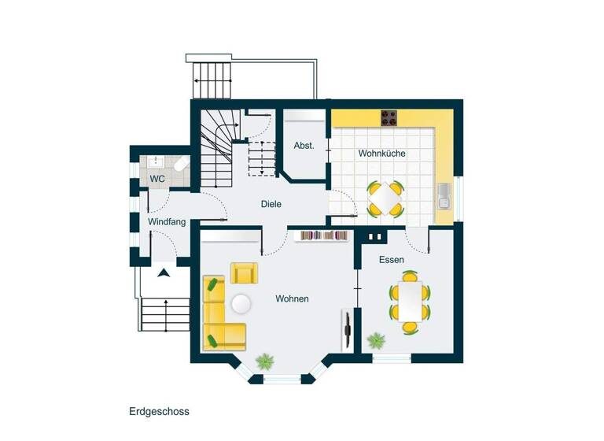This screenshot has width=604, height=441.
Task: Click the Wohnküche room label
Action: coord(381,154)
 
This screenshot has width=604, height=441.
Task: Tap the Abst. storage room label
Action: coord(304,146)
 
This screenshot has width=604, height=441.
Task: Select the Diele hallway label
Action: coord(271,204)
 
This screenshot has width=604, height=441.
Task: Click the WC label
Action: coord(157,179)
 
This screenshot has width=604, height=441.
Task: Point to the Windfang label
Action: coord(167,222)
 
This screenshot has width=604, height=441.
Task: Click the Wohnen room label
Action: coord(292,299)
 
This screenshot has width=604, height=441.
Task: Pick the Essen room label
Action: coord(391,259)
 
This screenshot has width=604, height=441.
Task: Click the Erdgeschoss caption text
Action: coord(159,411)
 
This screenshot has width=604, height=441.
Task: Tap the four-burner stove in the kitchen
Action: coord(389,118)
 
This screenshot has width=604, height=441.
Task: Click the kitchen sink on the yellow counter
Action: coord(444,195)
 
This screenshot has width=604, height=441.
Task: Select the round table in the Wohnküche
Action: coord(385,198)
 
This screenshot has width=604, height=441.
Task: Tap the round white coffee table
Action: coord(240,303)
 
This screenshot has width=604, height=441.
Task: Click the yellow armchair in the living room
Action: coord(244,273)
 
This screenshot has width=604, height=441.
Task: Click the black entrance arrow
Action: coord(164,272)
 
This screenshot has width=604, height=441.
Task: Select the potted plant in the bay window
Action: coord(265,361)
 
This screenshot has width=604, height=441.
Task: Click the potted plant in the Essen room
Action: coord(376,341)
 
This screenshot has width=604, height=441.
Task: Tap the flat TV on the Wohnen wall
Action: coord(346,330)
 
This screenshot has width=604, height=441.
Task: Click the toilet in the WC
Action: coord(179,165)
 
